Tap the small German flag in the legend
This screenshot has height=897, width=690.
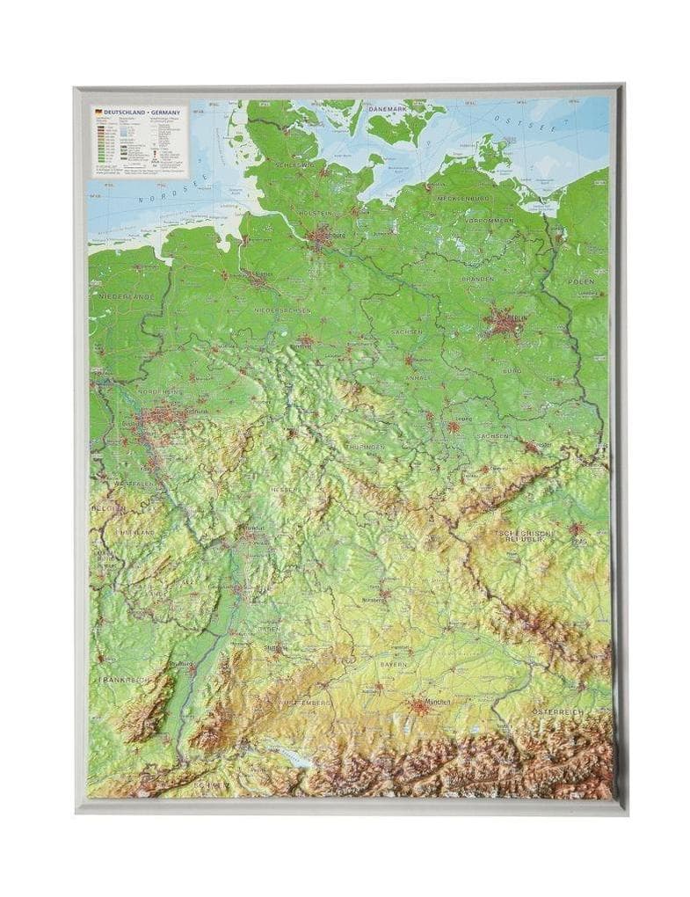pos(97,112)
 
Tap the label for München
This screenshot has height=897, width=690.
pos(435,701)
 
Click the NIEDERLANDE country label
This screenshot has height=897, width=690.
pos(126,297)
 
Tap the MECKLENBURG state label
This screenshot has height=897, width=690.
pos(464,199)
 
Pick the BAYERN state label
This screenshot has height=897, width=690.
pos(394,664)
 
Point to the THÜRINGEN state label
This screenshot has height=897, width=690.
pos(367,447)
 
